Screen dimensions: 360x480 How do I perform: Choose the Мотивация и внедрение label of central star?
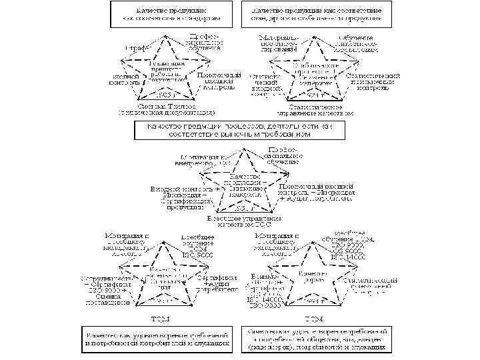click(193, 160)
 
